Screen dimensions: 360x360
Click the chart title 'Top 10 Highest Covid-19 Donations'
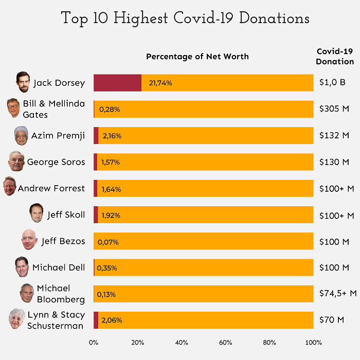click(x=185, y=19)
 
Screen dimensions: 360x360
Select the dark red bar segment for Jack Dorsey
click(x=117, y=83)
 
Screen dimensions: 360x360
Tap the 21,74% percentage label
click(x=160, y=83)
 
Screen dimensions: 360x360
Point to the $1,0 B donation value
click(x=332, y=83)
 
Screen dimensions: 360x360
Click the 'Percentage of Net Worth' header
click(x=197, y=57)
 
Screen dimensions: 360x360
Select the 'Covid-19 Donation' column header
click(x=335, y=56)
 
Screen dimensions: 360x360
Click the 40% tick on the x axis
click(x=182, y=343)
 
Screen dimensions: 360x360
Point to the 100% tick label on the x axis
click(x=313, y=343)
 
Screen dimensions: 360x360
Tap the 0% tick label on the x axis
click(x=94, y=343)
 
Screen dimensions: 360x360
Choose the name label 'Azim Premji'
click(x=58, y=136)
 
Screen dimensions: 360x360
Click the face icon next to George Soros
click(x=16, y=161)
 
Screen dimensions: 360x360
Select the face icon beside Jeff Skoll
click(x=37, y=214)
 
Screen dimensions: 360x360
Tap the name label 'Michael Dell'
click(x=59, y=267)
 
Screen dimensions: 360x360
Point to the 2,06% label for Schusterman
click(x=112, y=320)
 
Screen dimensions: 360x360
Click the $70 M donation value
click(x=332, y=320)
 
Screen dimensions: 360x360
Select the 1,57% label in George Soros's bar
click(x=111, y=162)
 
